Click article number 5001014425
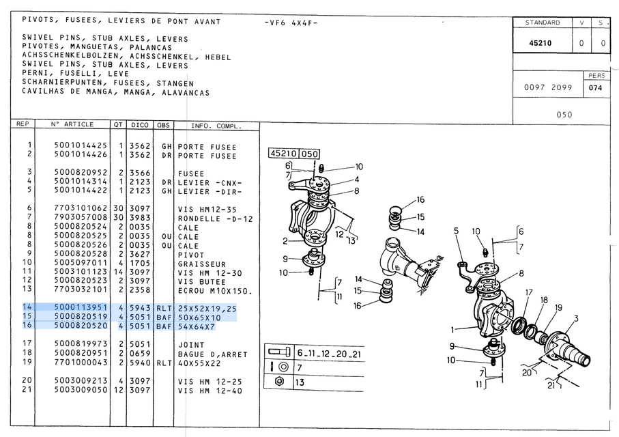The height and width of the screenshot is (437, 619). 81,145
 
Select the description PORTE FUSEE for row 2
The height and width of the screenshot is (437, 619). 207,156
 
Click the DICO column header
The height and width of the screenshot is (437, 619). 140,126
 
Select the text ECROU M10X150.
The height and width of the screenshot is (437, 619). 214,290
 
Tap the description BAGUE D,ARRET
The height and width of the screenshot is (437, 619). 212,354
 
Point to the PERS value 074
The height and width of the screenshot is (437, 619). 595,88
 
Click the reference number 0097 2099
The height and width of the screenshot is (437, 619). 548,88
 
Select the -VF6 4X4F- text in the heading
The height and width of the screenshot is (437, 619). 290,23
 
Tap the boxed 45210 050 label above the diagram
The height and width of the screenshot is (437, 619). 294,154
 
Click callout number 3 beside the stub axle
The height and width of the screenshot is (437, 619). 576,318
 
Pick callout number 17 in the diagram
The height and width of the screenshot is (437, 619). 528,293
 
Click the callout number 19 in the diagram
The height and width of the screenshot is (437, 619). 559,308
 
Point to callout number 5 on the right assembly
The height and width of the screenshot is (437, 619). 457,231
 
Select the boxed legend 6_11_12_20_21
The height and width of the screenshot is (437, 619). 329,353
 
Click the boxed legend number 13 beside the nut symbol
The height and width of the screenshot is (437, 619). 300,382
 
